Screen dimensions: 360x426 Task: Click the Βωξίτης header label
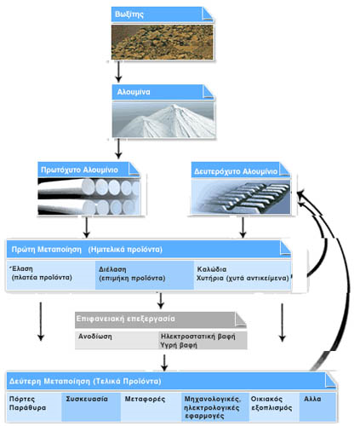point(129,14)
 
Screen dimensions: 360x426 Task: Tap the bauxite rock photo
point(162,42)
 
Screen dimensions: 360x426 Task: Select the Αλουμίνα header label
point(134,92)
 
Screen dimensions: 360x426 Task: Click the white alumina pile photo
point(163,119)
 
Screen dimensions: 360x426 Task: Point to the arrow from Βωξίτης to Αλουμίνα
point(118,72)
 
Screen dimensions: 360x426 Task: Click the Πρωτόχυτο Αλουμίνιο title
point(79,170)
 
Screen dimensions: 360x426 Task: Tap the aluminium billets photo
point(89,196)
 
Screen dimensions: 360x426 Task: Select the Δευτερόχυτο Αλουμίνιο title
point(236,171)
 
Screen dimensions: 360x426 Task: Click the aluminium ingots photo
point(241,197)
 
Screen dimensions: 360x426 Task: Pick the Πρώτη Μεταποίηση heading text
point(47,250)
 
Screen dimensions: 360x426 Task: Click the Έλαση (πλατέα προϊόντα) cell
point(51,274)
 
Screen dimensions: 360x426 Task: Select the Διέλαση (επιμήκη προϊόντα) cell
point(145,274)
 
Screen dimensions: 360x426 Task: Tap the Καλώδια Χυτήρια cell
point(243,274)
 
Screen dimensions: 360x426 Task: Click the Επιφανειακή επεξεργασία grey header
point(161,319)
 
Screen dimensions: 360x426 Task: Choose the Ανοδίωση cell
point(117,340)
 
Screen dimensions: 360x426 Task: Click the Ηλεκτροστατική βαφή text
point(198,337)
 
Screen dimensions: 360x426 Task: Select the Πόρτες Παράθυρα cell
point(34,407)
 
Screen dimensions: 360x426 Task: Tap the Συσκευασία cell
point(91,407)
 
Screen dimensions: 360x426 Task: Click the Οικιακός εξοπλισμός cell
point(274,407)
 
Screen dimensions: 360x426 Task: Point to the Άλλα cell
point(317,407)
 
